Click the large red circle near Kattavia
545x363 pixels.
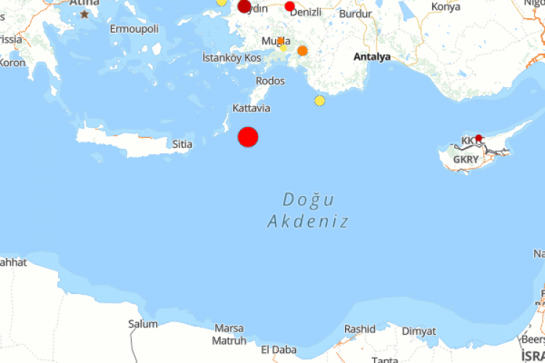point(248,136)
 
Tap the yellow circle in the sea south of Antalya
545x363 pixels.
point(320,100)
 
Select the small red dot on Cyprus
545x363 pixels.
point(479,138)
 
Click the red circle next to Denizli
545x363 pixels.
point(290,7)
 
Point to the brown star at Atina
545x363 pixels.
point(86,14)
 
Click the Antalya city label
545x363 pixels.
point(371,57)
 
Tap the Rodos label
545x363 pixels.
point(270,81)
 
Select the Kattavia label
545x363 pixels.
point(251,108)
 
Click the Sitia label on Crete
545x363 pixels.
point(182,144)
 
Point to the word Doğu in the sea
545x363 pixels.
point(308,199)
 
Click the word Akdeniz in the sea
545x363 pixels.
point(308,221)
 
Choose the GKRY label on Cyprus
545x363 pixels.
point(466,159)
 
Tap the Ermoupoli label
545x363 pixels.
point(133,29)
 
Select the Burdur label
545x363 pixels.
point(355,14)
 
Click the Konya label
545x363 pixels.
point(445,7)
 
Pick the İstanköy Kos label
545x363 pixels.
point(231,57)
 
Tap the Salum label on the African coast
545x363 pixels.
point(142,324)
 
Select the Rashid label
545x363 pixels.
point(360,329)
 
